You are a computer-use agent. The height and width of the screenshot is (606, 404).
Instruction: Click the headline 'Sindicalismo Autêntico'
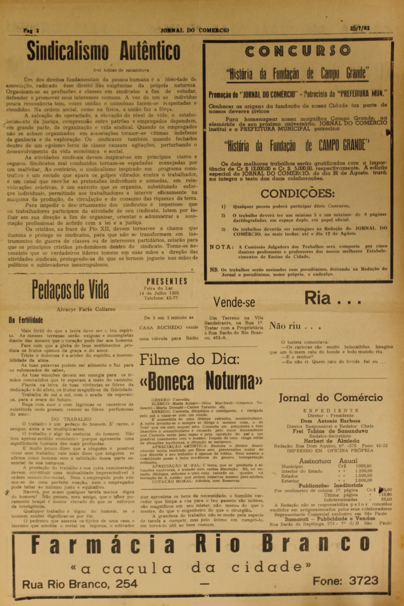click(x=104, y=51)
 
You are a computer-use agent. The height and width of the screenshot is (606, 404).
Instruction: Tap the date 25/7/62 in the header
click(x=360, y=28)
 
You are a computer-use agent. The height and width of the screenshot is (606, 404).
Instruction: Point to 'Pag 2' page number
click(x=31, y=30)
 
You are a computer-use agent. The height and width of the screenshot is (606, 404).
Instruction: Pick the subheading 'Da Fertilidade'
click(x=26, y=320)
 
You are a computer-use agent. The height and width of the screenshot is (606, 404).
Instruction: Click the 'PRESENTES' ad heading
click(x=167, y=281)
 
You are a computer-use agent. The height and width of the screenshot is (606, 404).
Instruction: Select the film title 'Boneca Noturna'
click(x=201, y=381)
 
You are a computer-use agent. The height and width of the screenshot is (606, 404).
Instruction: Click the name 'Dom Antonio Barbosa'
click(x=331, y=421)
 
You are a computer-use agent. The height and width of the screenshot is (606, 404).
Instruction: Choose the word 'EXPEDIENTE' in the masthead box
click(x=331, y=410)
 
